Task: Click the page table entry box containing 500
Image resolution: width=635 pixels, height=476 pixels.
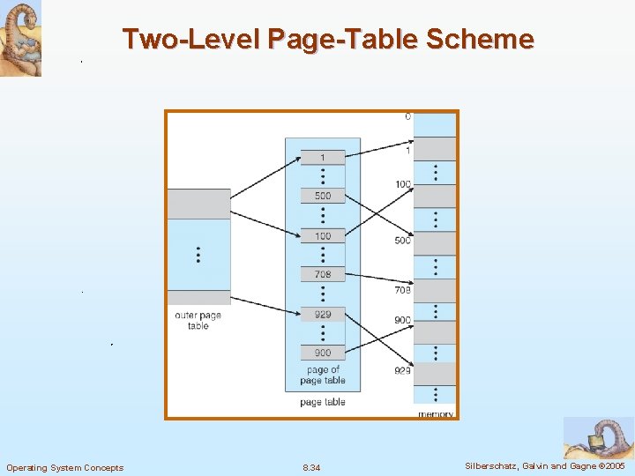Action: point(323,196)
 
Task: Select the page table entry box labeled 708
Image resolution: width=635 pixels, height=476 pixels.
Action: point(323,275)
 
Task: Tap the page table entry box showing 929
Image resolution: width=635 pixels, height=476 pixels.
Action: point(323,314)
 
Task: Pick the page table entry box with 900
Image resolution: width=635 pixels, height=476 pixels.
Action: point(323,353)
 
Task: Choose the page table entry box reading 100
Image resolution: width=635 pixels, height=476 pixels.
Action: point(323,236)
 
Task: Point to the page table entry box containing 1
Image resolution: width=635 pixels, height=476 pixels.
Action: point(323,157)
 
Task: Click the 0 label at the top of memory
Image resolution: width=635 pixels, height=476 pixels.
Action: point(407,116)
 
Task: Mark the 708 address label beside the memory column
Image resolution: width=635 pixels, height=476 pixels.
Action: point(402,290)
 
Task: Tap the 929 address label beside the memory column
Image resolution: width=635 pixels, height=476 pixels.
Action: point(402,371)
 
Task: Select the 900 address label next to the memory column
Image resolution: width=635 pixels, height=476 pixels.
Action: point(402,320)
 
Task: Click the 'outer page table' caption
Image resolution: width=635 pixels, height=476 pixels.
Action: point(198,320)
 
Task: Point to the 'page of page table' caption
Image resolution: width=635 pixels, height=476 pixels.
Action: point(322,376)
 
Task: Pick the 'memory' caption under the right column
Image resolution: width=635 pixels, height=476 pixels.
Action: point(436,413)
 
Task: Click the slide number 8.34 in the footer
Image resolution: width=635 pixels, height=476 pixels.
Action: point(311,467)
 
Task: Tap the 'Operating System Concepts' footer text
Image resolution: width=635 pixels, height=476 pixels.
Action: point(65,467)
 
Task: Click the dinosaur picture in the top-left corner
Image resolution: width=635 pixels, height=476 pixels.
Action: point(20,38)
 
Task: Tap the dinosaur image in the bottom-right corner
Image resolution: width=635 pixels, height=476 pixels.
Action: point(599,438)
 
